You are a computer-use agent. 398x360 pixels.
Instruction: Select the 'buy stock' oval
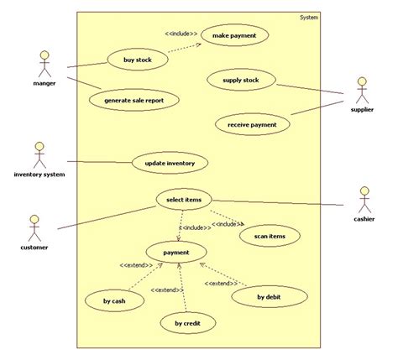[139, 60]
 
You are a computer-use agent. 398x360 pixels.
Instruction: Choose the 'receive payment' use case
[252, 125]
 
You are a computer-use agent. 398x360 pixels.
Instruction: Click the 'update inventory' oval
[170, 162]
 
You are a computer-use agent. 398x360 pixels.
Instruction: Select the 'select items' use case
[184, 200]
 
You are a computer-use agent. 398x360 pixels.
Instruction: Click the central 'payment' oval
[175, 252]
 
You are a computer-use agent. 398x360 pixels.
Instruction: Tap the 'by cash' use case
[114, 300]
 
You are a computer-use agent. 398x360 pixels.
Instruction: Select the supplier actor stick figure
[361, 90]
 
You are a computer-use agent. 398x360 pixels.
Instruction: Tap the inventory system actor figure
[39, 154]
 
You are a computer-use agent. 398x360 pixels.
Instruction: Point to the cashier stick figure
[364, 200]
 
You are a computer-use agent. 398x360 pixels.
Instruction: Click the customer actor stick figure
[34, 227]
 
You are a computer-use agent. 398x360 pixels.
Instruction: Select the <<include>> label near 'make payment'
[181, 34]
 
